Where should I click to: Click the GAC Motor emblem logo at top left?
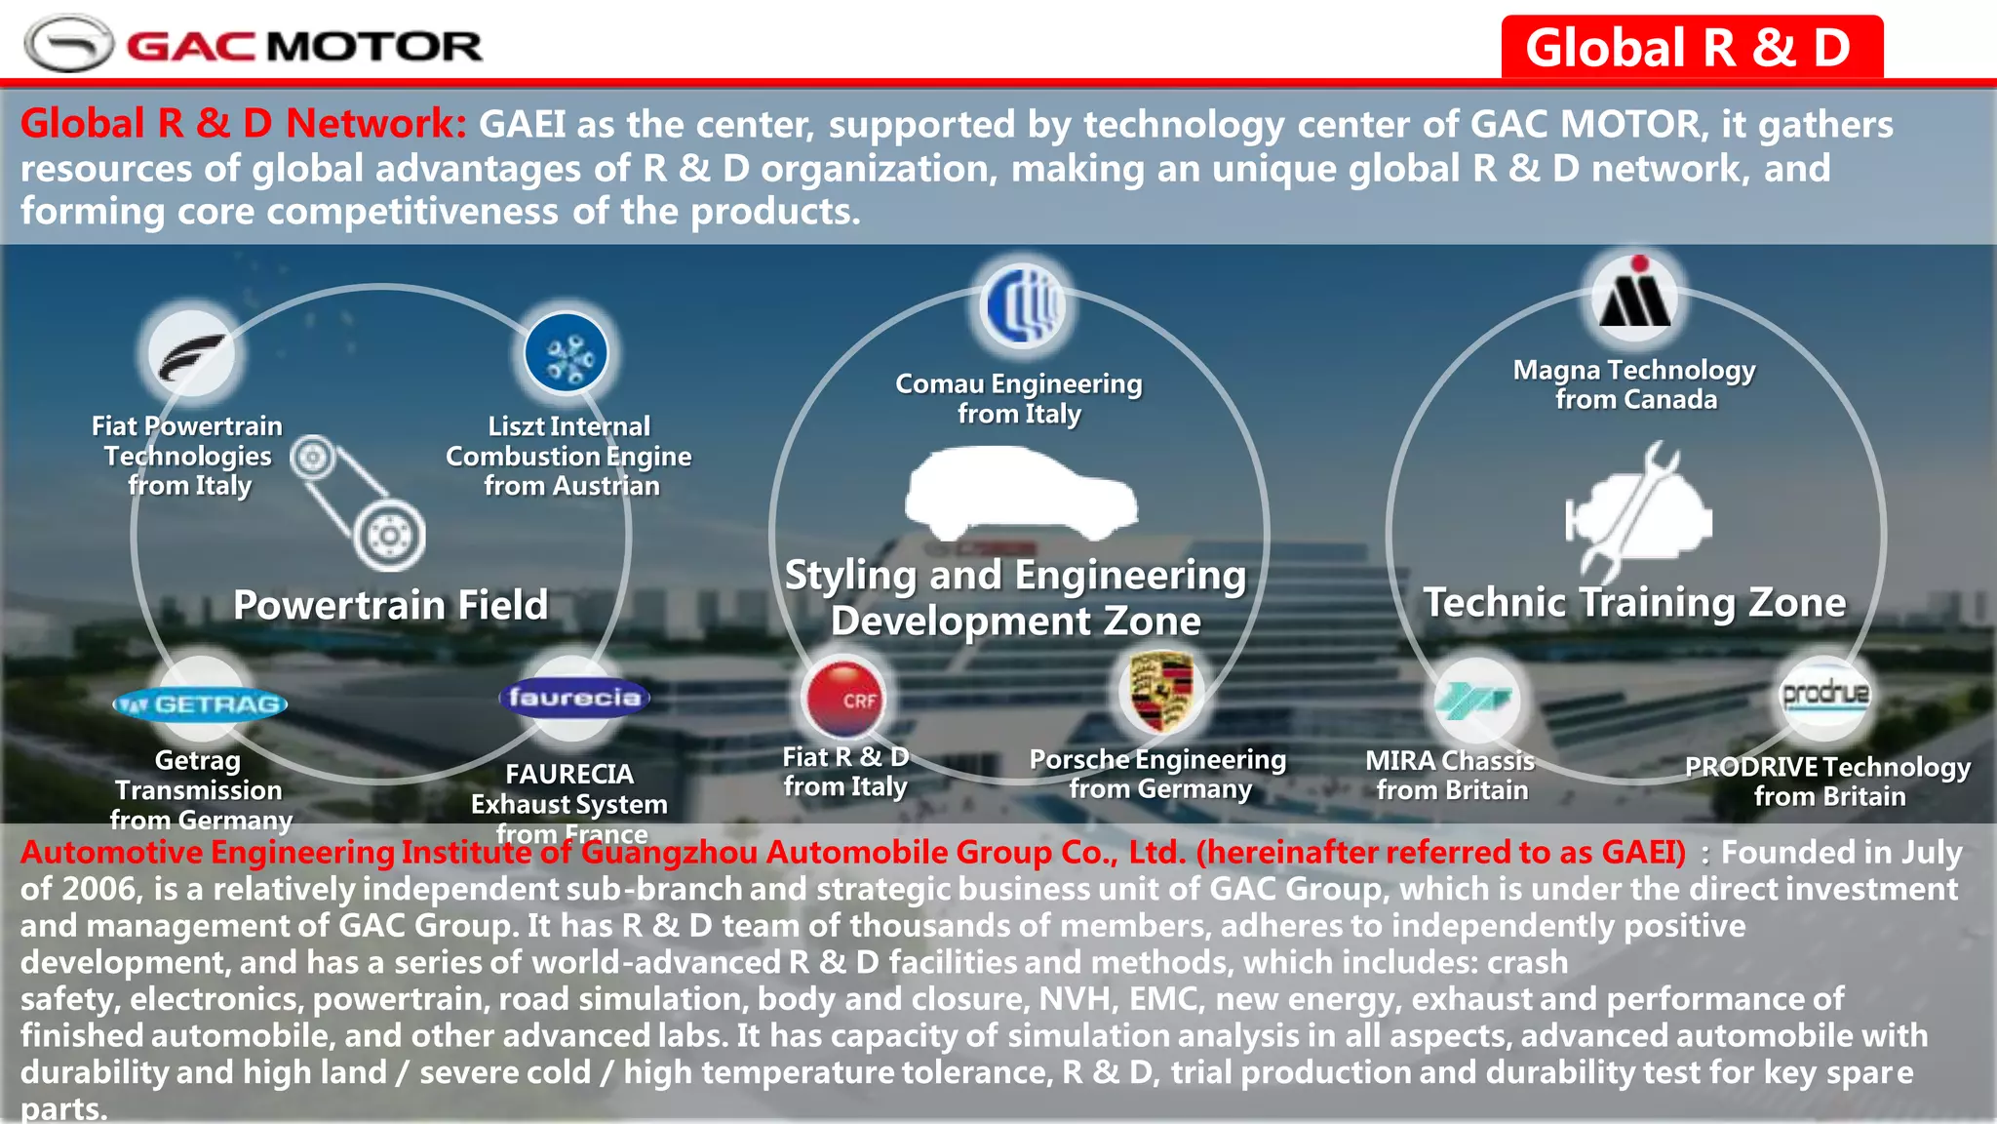pos(68,44)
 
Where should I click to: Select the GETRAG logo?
pos(201,703)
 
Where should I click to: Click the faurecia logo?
pos(574,698)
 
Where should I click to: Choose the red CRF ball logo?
pos(844,698)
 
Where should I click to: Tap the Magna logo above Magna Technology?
pos(1636,297)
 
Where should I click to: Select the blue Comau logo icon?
pos(1022,306)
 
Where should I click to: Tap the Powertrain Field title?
pos(390,605)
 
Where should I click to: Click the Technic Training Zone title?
pos(1634,602)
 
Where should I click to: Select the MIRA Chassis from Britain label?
pos(1450,775)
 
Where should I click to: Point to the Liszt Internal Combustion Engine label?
pos(569,456)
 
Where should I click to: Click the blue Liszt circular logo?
pos(566,354)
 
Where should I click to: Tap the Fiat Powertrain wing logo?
pos(192,354)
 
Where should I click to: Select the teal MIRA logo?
pos(1474,699)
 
